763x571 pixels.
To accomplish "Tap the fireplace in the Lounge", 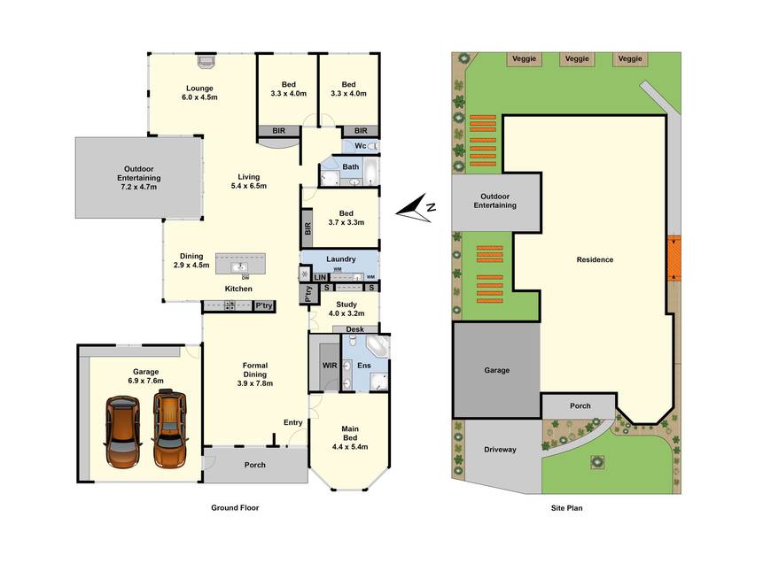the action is point(206,60).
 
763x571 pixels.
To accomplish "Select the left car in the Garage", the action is point(122,431).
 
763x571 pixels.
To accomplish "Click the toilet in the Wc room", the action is point(373,146).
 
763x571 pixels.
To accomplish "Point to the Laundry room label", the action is point(340,259).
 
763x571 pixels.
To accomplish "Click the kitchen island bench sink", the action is point(240,266).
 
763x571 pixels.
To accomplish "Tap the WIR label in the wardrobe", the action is point(330,366).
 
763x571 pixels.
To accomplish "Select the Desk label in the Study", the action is point(354,329).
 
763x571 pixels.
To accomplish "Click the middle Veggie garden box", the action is point(577,58).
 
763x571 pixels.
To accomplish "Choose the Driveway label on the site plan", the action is point(500,450).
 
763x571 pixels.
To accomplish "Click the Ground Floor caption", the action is point(235,507).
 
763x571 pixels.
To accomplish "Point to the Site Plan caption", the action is point(566,508).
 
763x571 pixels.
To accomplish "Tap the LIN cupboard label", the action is point(320,277).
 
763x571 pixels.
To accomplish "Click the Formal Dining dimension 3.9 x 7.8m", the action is point(255,383).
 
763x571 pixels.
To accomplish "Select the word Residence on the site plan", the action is point(595,259).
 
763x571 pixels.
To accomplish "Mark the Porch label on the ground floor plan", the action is point(255,465).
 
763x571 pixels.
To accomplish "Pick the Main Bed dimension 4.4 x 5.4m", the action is point(350,446).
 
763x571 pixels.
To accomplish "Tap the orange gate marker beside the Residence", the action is point(674,258).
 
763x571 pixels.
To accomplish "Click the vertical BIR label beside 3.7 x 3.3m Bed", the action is point(307,229).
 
